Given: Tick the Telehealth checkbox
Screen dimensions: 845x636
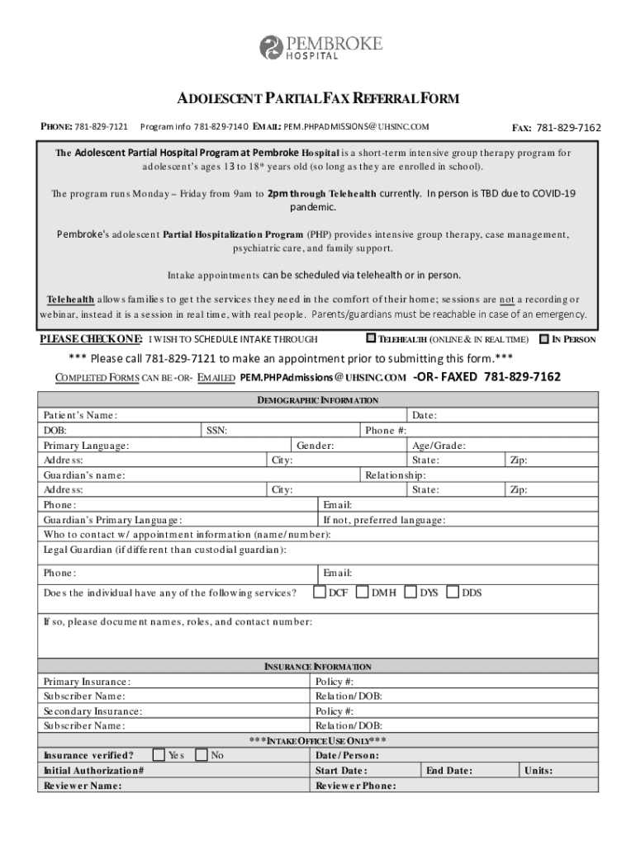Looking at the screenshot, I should pos(371,338).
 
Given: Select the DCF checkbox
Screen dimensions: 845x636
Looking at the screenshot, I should pos(320,592).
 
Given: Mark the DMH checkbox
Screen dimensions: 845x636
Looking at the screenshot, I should pos(362,592).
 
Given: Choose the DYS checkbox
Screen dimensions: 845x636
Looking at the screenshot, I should pos(411,592).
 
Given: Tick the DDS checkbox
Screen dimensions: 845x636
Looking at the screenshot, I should pos(452,592).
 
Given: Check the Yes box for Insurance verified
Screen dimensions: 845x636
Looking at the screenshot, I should pos(159,754).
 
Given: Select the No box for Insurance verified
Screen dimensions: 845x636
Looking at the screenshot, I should pos(201,754).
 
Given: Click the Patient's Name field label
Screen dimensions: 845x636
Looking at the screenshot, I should pos(80,415).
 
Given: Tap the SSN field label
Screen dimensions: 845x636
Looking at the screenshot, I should pos(216,430).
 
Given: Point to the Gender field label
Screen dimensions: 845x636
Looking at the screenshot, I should pos(316,445).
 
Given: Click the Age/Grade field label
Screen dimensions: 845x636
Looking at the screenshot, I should pos(439,445).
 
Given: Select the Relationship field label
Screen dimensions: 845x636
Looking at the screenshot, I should pos(396,474).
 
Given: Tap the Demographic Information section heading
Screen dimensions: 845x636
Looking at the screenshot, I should pos(318,400).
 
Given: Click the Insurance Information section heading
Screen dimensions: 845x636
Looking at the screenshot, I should pos(318,667).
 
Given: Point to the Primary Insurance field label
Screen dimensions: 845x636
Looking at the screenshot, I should pos(87,682).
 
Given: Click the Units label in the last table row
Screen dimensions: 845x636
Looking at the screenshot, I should pos(538,771).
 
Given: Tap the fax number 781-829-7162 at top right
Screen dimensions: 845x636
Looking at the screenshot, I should pos(568,128).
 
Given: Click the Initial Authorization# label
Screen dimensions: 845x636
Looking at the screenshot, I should pos(93,771).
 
